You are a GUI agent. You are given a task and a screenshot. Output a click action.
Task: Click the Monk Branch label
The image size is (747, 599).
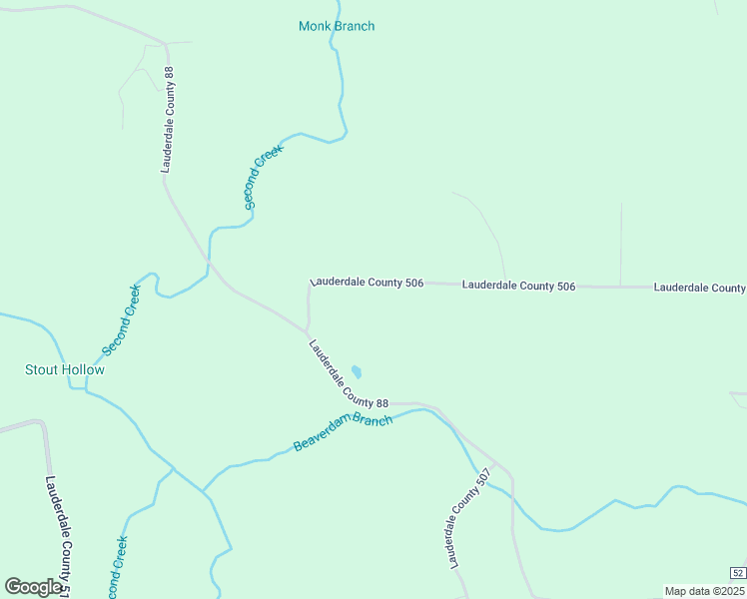337,26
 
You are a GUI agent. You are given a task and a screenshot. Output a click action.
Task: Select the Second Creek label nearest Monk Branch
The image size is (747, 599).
264,176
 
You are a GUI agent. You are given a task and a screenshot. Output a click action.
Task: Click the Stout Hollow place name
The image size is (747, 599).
64,369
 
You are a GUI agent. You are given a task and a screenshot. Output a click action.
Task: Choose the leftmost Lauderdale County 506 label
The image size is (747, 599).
367,283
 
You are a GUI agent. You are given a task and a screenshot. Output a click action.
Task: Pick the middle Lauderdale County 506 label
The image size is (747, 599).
518,286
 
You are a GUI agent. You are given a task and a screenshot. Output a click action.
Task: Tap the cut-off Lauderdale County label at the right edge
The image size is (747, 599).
699,288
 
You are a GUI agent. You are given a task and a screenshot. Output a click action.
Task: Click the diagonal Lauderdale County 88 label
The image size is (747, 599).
348,375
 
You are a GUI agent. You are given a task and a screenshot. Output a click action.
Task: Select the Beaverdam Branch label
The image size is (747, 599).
343,431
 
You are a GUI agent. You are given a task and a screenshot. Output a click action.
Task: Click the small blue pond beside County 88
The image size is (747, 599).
357,371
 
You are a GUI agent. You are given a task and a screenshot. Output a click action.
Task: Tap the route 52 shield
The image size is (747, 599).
737,572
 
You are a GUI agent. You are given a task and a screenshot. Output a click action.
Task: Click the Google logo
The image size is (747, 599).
34,587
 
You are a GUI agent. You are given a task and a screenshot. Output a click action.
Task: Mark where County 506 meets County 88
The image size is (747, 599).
307,328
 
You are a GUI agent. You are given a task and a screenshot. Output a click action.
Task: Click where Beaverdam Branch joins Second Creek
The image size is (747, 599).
204,491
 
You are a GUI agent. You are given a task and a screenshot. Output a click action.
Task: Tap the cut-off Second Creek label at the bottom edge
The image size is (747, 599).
117,569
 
